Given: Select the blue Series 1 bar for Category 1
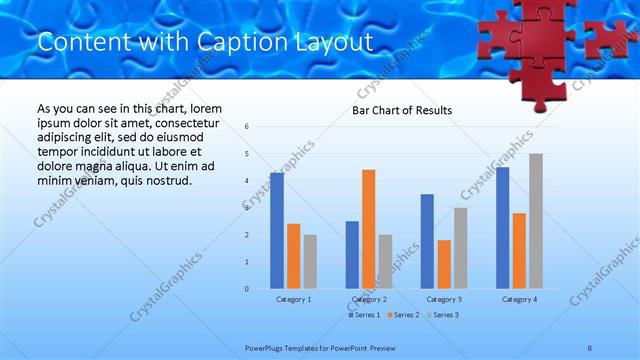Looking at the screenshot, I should (277, 230).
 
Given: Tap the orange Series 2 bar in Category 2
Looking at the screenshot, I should (368, 229).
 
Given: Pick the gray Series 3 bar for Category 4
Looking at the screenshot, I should (536, 221).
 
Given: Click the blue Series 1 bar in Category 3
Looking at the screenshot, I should (427, 241).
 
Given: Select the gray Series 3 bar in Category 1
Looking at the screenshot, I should (310, 262).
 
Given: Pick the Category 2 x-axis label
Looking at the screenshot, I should (369, 299).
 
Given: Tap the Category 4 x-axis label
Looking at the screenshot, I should (519, 299).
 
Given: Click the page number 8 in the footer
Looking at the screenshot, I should (590, 347).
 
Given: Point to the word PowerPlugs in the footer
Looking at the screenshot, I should (268, 347).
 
